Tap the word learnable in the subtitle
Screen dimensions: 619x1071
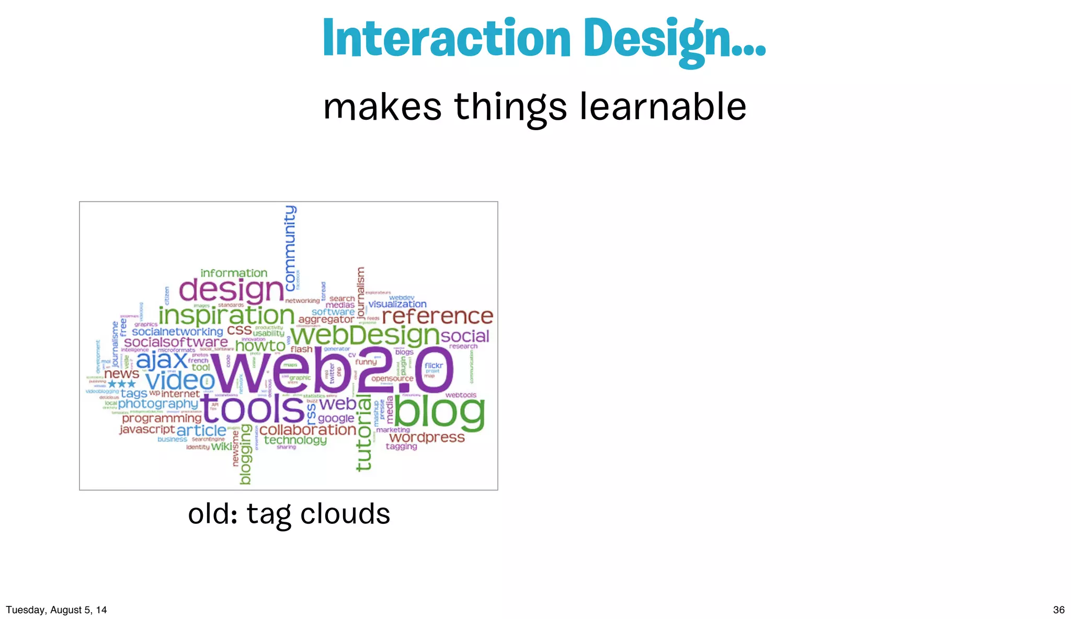click(663, 107)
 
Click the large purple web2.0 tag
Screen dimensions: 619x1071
click(332, 371)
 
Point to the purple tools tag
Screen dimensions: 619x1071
click(253, 408)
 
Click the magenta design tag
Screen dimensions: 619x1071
click(231, 290)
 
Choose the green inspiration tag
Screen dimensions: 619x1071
click(226, 315)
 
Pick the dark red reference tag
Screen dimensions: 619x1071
click(437, 316)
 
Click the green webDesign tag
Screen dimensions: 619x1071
click(364, 335)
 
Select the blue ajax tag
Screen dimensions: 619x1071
click(162, 360)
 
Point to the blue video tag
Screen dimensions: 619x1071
click(179, 381)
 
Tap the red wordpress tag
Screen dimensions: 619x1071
click(427, 437)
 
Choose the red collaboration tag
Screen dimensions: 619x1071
click(307, 430)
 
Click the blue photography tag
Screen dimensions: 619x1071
click(158, 404)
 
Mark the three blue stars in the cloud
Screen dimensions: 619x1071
click(121, 384)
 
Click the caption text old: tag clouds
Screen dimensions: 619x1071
click(289, 514)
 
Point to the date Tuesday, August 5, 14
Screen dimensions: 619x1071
click(56, 610)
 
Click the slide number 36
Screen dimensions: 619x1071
click(1058, 610)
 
